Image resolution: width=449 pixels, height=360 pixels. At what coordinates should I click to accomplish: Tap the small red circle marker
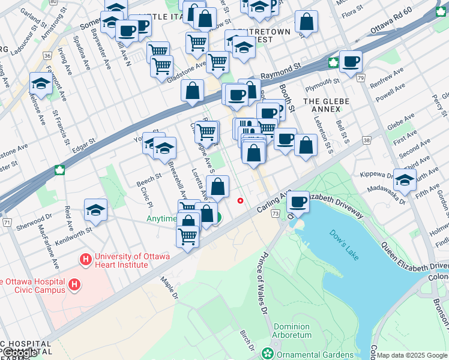tap(241, 200)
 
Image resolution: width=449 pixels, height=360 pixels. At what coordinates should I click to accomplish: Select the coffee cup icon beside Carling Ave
tap(298, 202)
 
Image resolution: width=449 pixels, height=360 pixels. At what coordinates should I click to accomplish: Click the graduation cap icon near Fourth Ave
tap(405, 180)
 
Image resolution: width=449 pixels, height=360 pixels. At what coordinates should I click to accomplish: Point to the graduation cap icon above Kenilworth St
tap(95, 210)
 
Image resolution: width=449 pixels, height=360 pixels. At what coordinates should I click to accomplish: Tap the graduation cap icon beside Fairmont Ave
tap(40, 83)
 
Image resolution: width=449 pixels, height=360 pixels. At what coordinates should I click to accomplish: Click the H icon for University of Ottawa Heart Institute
tap(86, 260)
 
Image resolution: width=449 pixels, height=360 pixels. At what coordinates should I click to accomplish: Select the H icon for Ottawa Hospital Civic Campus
tap(74, 284)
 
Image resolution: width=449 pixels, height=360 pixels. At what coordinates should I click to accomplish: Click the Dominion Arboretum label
tap(292, 331)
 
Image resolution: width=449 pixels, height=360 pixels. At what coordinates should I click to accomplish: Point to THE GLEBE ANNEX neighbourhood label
tap(326, 102)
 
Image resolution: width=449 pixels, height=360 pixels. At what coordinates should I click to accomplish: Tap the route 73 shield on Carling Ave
tap(275, 214)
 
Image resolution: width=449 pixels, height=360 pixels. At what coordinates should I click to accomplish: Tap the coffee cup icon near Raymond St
tap(350, 61)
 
